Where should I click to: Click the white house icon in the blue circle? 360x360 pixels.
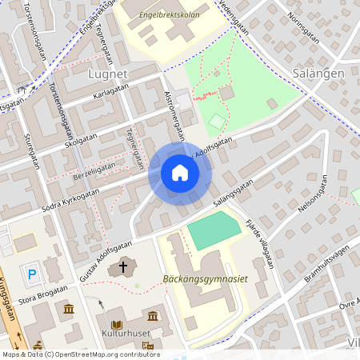(x=180, y=173)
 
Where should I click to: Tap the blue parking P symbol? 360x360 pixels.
(x=33, y=274)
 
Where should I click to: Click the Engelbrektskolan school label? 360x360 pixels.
(x=167, y=14)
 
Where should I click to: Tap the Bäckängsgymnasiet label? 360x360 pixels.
(x=205, y=278)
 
